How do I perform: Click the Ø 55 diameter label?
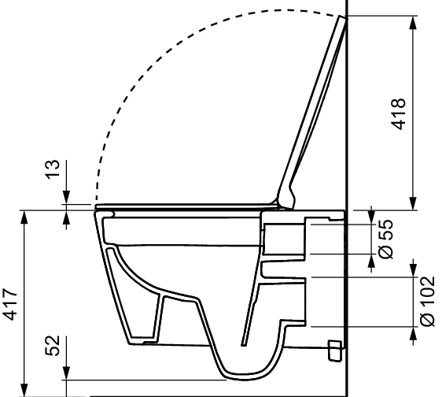coord(385,238)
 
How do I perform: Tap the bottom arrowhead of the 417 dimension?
coord(26,389)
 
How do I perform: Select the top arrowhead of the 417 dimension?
coord(26,217)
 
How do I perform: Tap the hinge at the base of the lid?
coord(287,197)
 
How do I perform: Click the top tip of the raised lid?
coord(343,18)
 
